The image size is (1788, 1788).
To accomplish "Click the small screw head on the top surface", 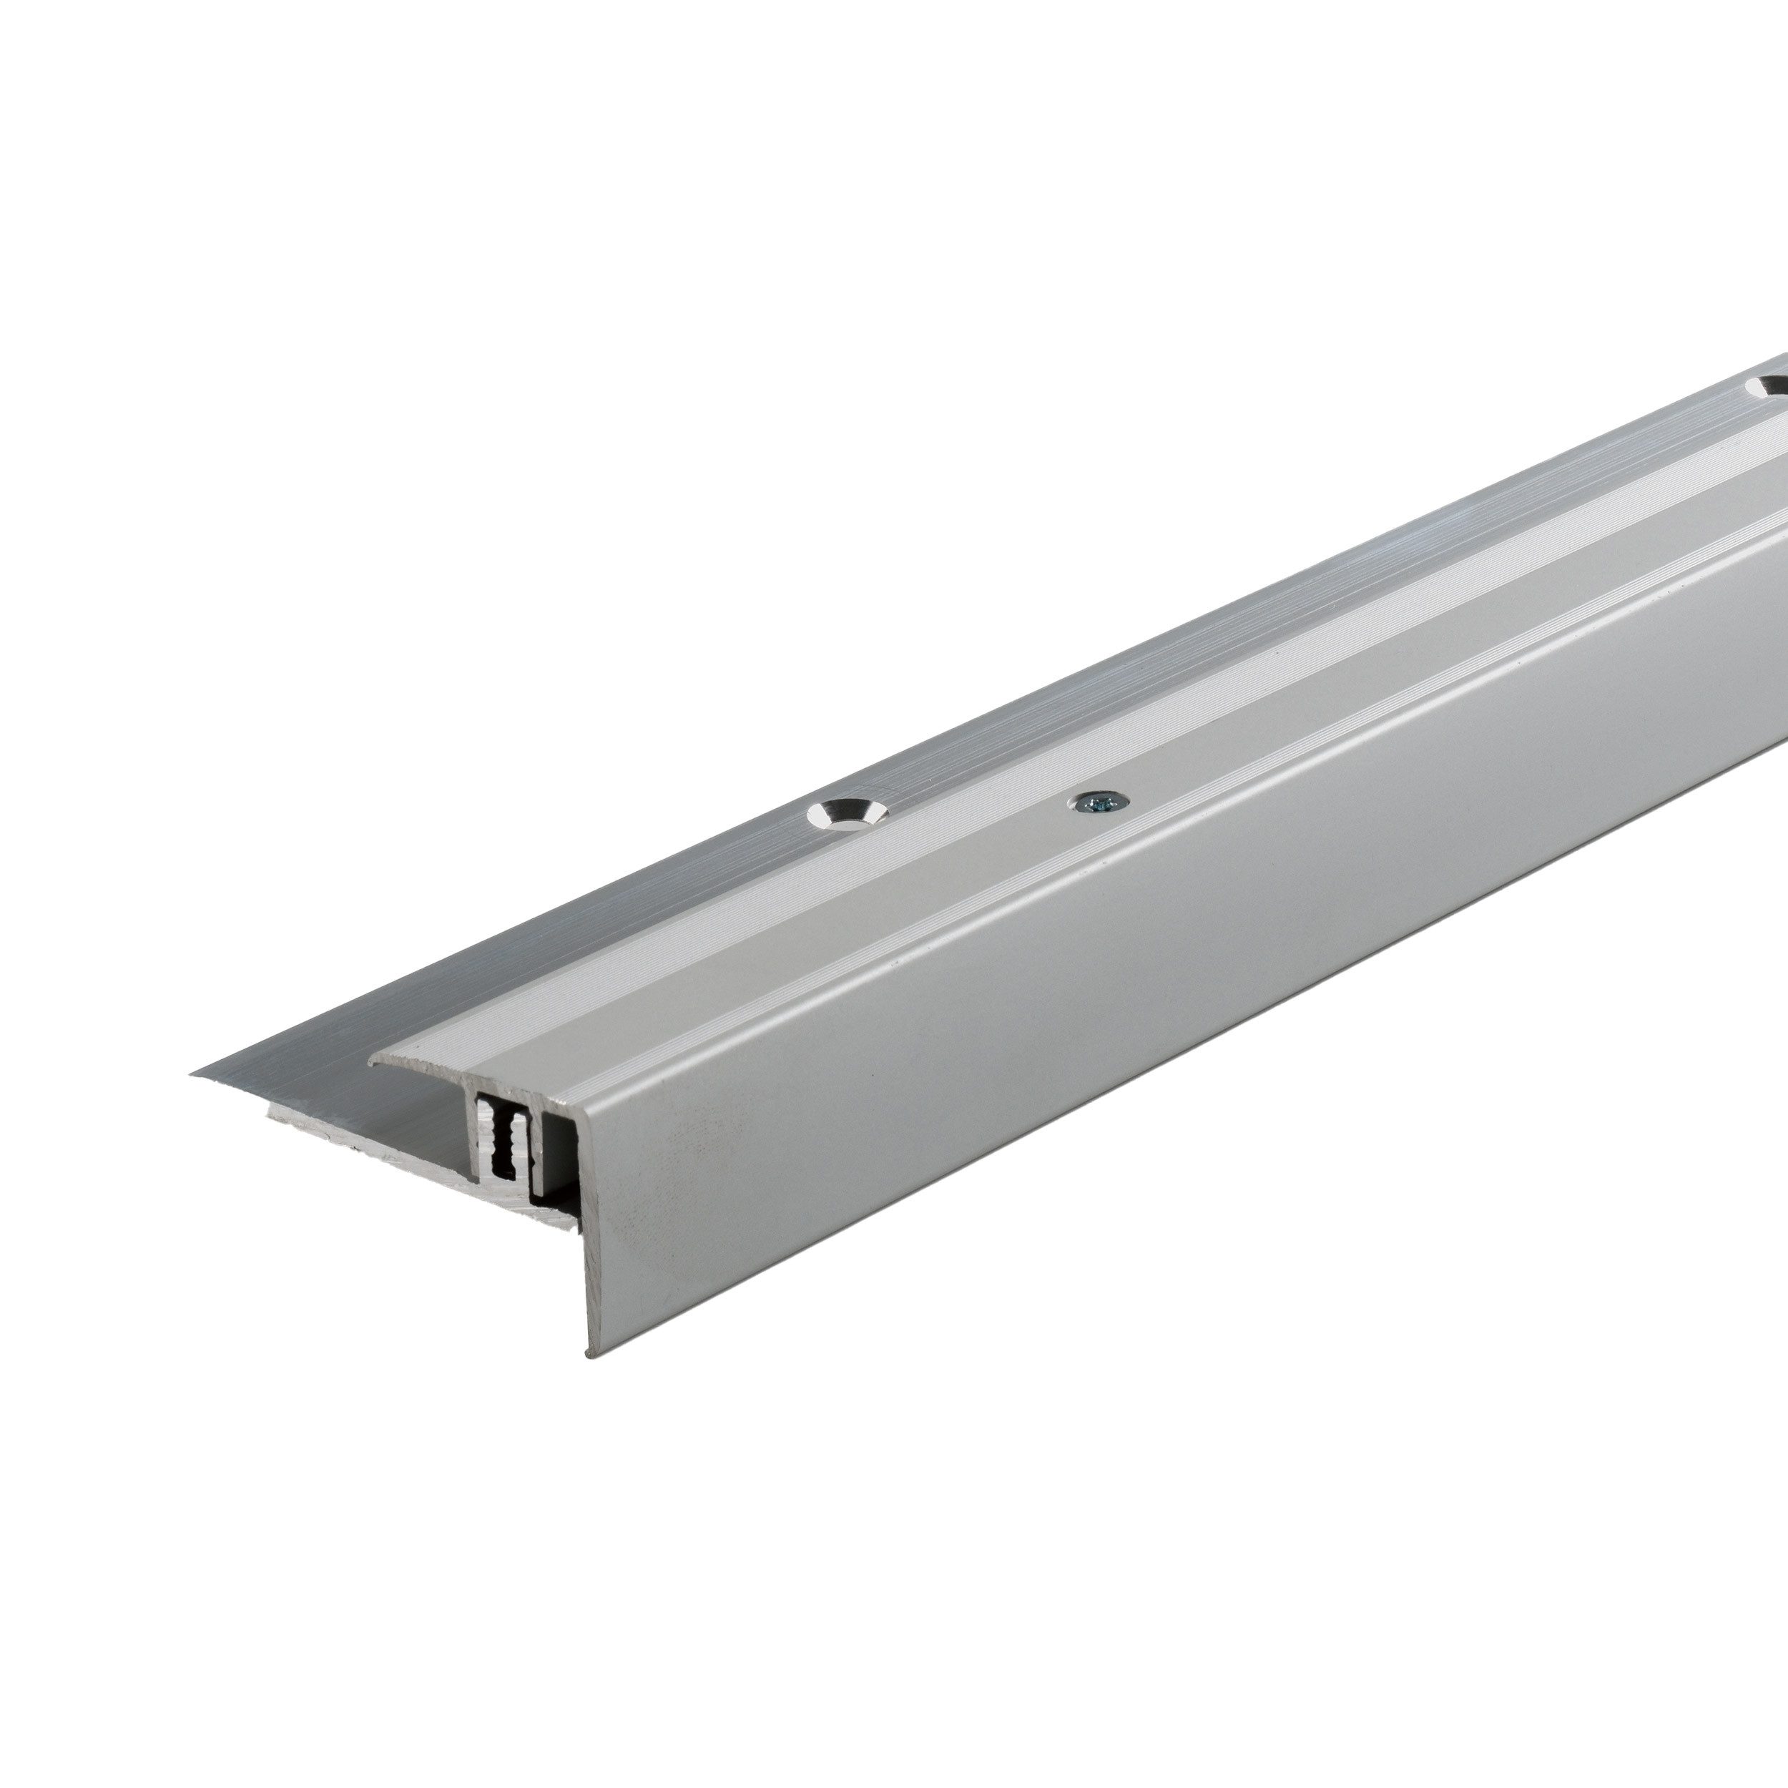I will pyautogui.click(x=1099, y=802).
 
